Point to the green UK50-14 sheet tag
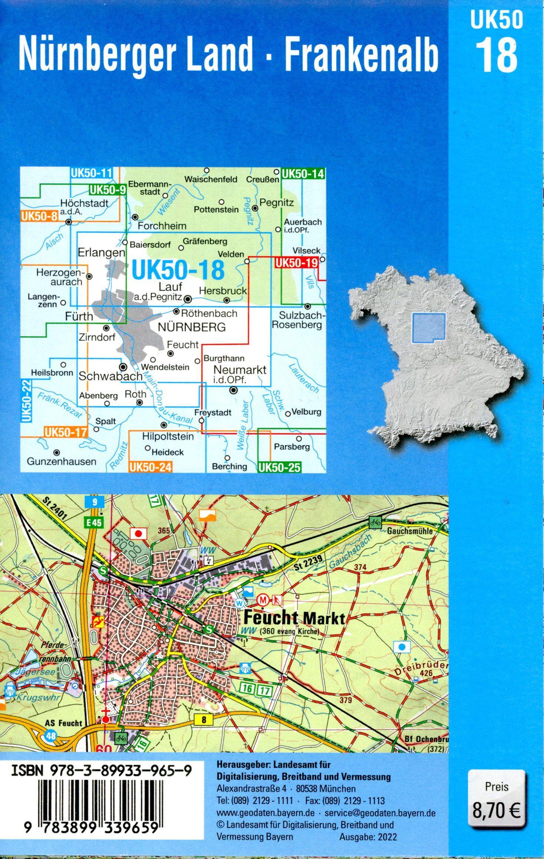(x=303, y=173)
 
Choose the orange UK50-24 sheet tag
(x=151, y=467)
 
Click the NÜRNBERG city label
(x=192, y=327)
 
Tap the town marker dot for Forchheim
(x=135, y=217)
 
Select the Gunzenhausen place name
(x=62, y=461)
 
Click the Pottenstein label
(x=216, y=209)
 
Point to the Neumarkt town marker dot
(x=233, y=390)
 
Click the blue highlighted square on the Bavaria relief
(x=429, y=327)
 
